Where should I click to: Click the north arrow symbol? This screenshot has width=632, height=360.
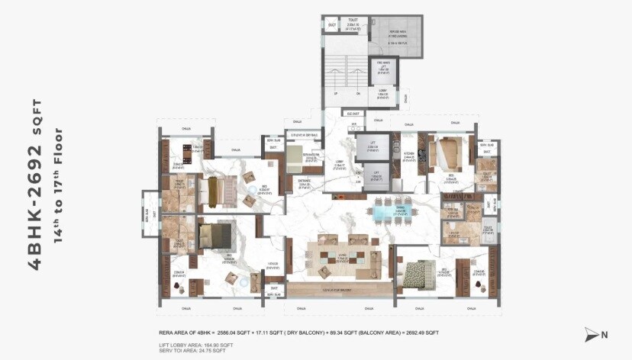(591, 334)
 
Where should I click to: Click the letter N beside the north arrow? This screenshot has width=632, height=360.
(605, 334)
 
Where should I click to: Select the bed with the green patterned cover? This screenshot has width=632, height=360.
(418, 272)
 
